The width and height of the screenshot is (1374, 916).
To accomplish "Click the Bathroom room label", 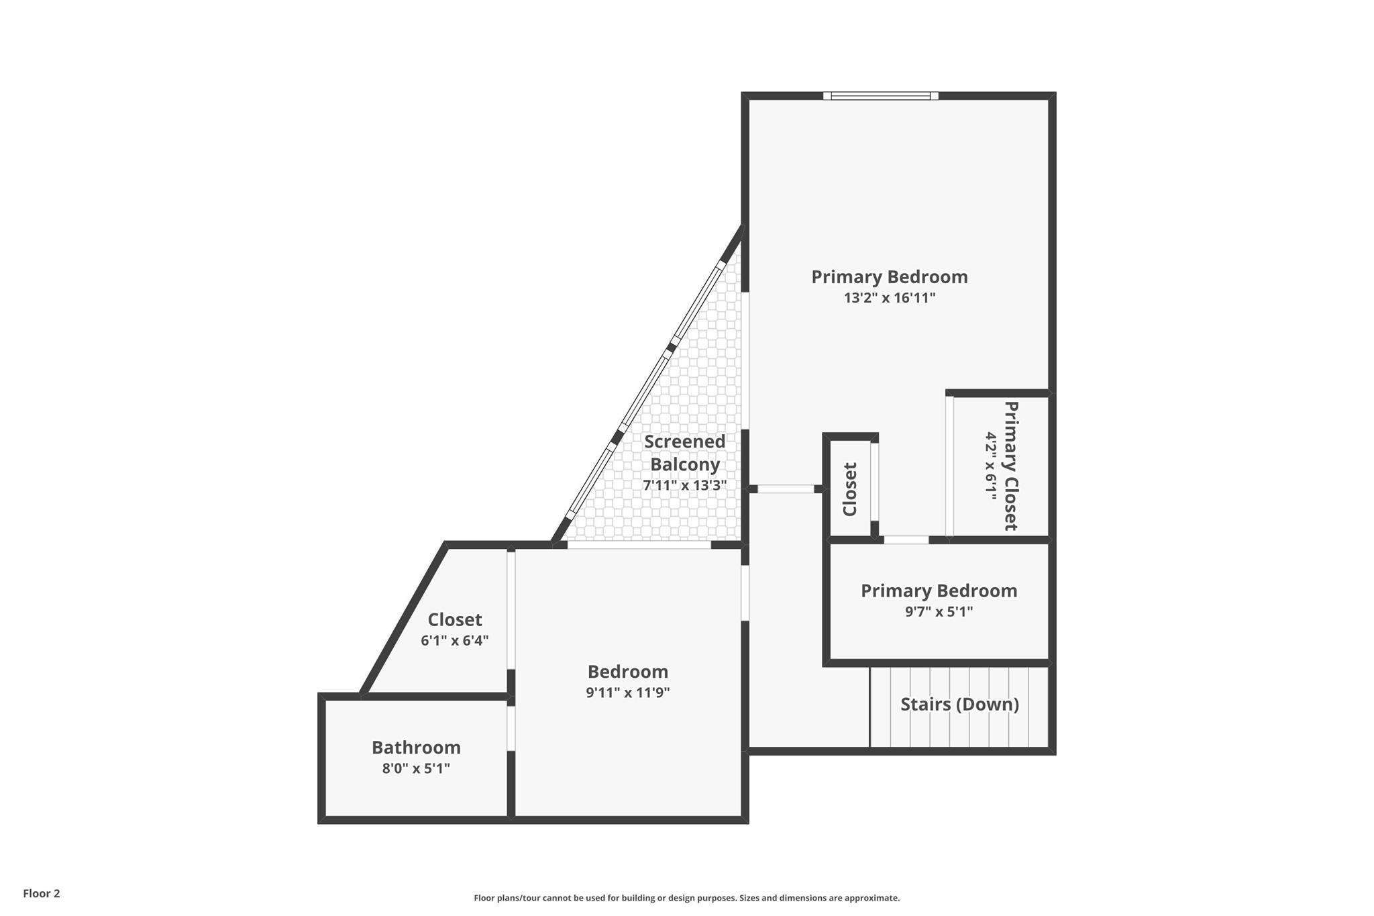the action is [x=416, y=748].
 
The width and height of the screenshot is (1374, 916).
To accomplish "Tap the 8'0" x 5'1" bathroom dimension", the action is [x=416, y=768].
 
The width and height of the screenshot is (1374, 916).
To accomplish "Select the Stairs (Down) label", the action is [x=959, y=705].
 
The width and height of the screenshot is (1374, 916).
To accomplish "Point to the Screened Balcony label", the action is [x=685, y=453].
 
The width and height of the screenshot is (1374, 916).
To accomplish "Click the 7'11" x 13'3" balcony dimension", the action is [x=685, y=485].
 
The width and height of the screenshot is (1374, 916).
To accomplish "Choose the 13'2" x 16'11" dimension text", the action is [x=890, y=298].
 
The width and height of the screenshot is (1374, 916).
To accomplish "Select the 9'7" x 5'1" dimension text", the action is [x=939, y=611].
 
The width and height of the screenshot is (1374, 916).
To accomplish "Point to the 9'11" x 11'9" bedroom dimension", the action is [x=628, y=693].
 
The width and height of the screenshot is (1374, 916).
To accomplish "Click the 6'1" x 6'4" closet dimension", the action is [x=455, y=641].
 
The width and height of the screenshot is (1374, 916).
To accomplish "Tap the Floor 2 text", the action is [x=42, y=893].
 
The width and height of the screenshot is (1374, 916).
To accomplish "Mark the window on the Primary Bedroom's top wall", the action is [x=881, y=96].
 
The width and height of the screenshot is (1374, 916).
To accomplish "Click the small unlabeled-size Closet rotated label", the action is [x=850, y=490].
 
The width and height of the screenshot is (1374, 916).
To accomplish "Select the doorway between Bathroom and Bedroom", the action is [x=511, y=728].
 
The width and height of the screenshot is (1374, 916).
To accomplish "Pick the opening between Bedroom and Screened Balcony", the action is [x=639, y=545].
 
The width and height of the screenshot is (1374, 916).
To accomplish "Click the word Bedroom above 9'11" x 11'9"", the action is [x=628, y=672].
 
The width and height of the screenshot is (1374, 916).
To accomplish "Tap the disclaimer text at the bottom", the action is [x=687, y=898].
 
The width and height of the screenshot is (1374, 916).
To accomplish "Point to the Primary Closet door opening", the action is [x=949, y=466].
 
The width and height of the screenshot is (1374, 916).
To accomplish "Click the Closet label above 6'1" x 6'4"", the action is [x=455, y=619].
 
